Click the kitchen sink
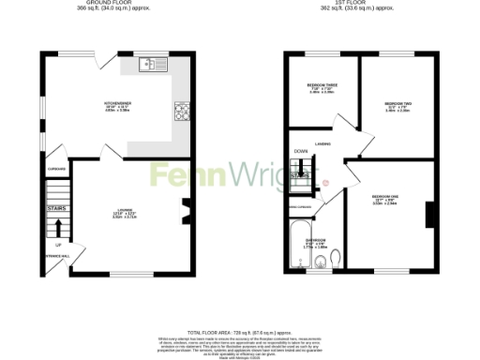(151, 64)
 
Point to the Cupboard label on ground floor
(55, 169)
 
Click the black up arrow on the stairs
(56, 226)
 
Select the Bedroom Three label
(321, 88)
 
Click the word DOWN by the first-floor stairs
(300, 151)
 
